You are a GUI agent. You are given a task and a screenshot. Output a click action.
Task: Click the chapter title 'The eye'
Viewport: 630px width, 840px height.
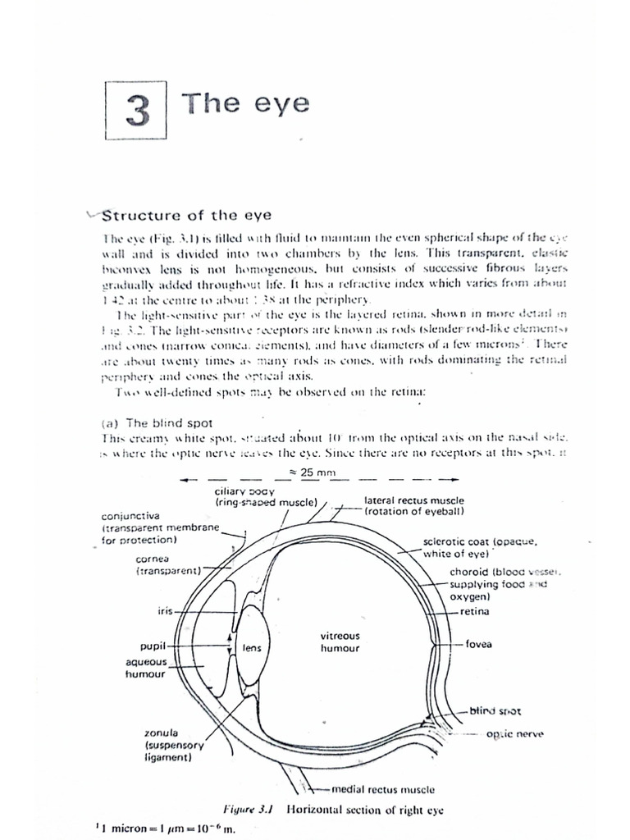click(245, 104)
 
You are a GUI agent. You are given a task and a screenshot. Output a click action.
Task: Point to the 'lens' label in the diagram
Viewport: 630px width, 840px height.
click(252, 648)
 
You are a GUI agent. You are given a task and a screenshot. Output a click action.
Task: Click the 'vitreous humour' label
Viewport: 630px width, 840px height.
click(340, 641)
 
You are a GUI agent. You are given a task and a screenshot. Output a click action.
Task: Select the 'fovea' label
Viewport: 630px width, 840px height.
click(479, 644)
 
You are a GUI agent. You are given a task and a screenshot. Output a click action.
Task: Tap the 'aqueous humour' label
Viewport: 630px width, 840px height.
click(146, 667)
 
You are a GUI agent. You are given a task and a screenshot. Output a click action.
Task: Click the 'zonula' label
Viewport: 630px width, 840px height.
click(160, 732)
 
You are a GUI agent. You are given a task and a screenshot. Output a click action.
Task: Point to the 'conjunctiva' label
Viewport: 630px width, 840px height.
click(131, 518)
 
